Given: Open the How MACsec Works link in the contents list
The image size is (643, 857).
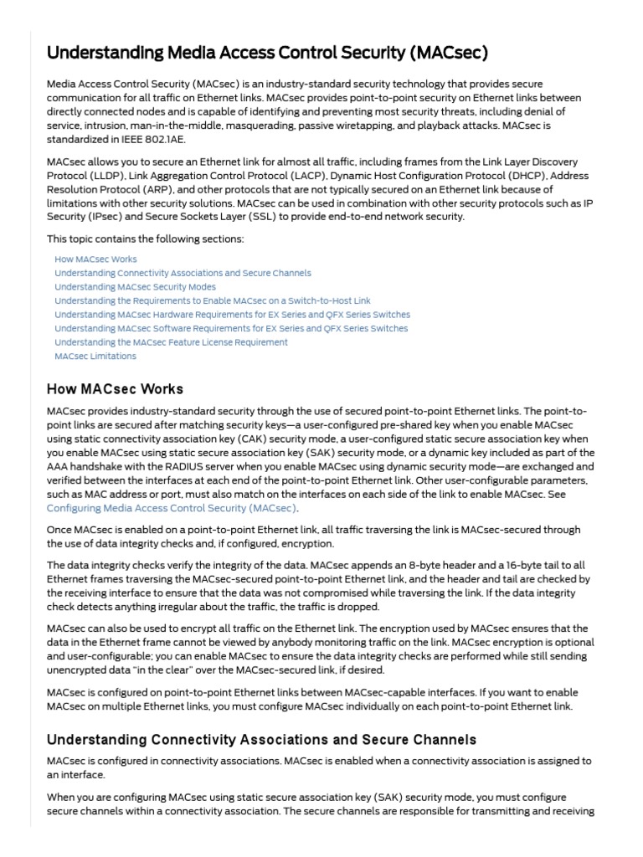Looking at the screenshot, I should coord(95,259).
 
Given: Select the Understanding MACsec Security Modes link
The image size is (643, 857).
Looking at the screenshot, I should coord(135,286).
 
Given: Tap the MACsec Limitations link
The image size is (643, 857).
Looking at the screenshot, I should coord(95,356).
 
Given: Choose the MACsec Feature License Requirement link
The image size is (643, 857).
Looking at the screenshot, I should coord(171,341).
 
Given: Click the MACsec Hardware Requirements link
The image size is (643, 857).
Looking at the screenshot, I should coord(232,314).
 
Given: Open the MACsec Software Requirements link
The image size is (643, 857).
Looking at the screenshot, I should coord(231,328).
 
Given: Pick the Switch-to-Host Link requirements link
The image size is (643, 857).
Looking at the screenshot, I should coord(212,300).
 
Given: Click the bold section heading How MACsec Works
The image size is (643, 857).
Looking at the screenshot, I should coord(115,389).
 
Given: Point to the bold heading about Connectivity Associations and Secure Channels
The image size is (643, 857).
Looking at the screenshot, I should coord(261,739).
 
